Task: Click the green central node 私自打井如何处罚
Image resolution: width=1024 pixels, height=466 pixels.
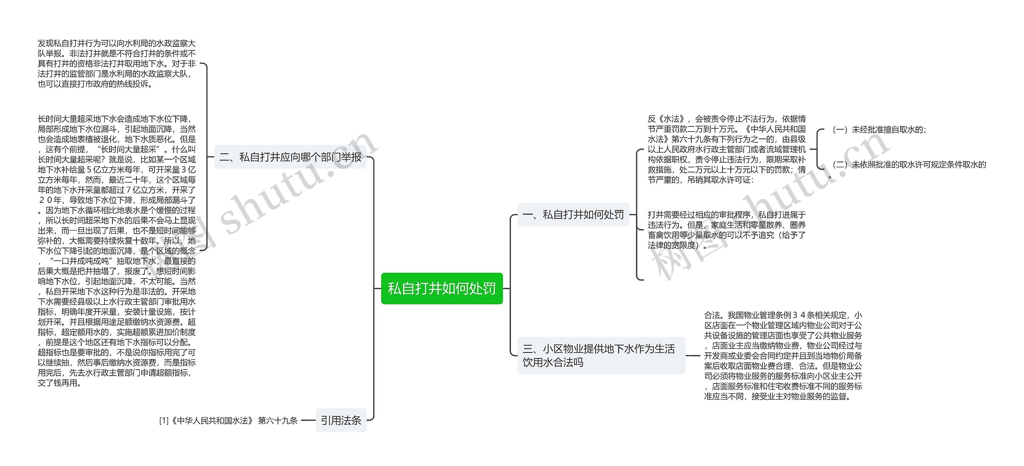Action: (442, 288)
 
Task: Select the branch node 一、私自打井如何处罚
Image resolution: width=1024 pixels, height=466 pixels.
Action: (573, 215)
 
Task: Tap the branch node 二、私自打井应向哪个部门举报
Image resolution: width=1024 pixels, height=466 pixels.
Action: (290, 157)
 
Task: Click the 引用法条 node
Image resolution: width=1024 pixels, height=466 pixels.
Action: (341, 420)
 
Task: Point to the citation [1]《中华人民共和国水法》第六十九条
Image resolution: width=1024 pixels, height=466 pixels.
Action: (228, 420)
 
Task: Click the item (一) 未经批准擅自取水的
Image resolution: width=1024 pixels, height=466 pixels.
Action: (879, 130)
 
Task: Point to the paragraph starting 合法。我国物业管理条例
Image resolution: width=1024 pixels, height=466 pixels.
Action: (783, 356)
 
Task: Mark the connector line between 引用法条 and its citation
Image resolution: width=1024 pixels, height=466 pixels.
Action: (308, 420)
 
